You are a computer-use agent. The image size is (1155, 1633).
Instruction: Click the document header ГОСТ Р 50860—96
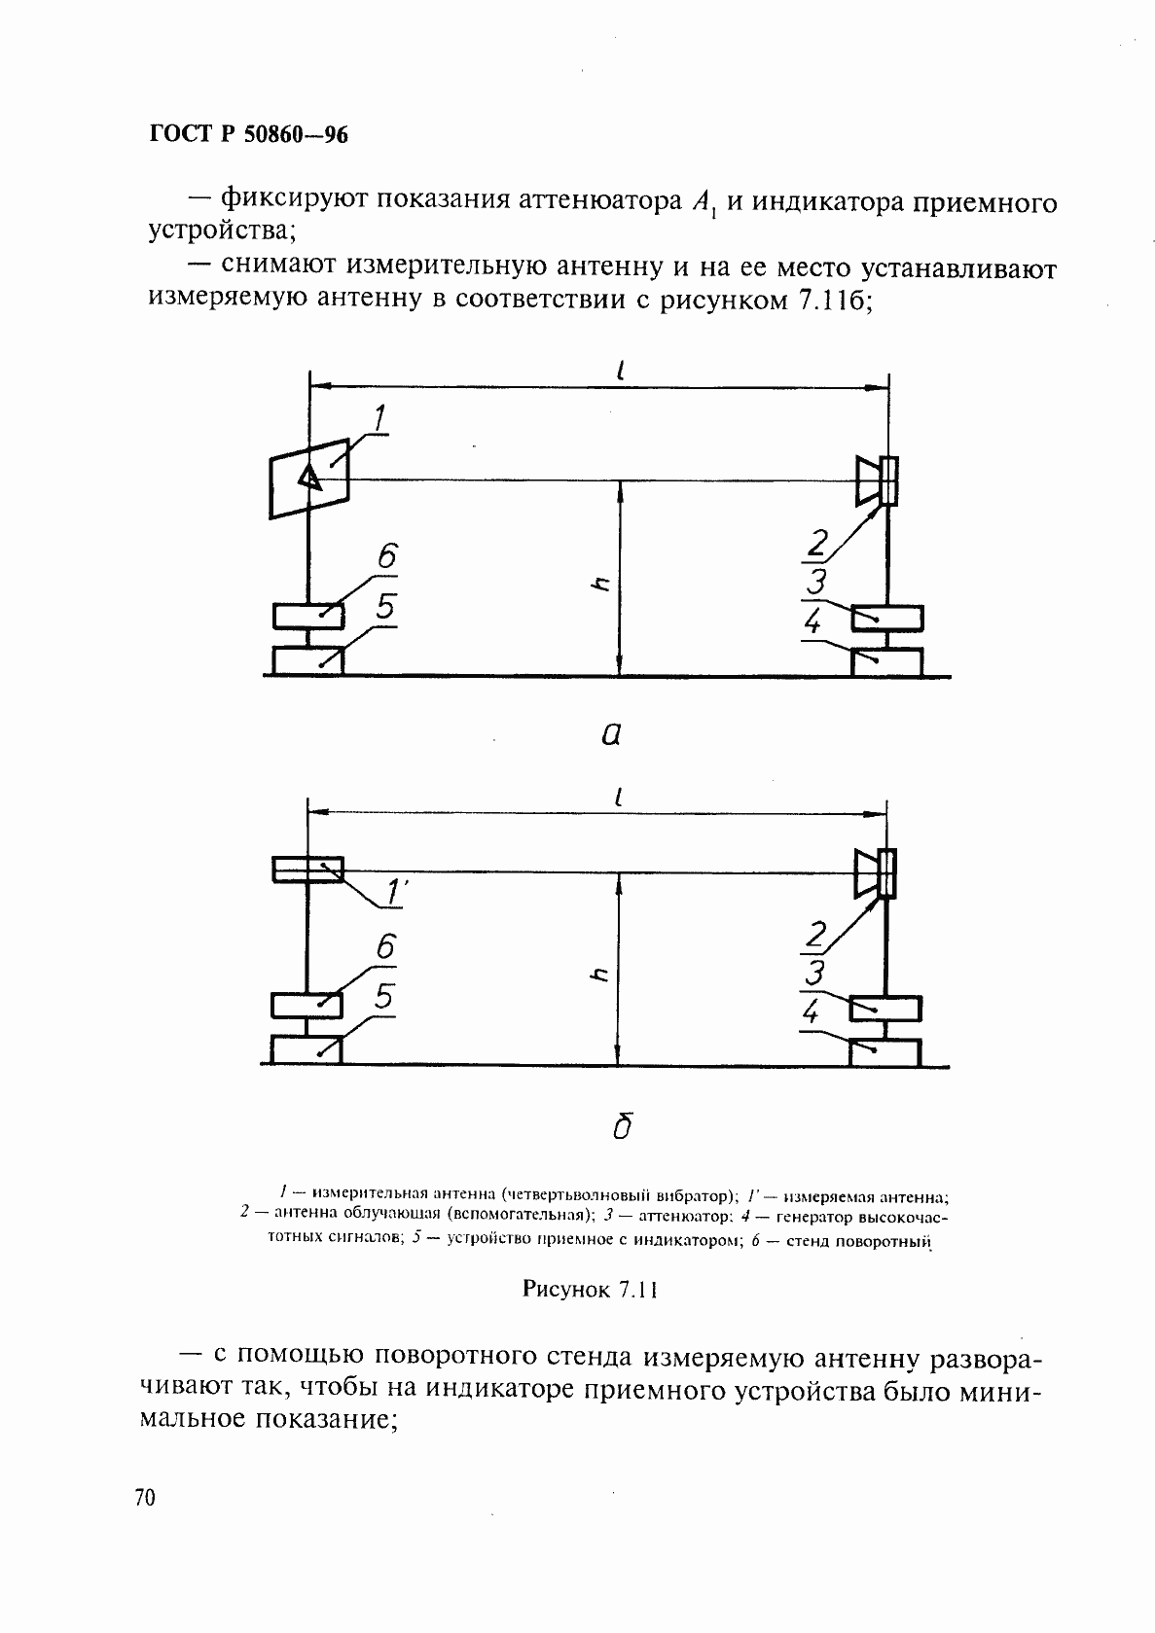pyautogui.click(x=249, y=135)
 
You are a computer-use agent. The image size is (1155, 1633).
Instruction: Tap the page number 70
pyautogui.click(x=145, y=1498)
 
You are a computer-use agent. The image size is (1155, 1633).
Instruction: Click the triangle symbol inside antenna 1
pyautogui.click(x=308, y=478)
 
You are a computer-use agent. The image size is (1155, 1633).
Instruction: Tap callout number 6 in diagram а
pyautogui.click(x=385, y=556)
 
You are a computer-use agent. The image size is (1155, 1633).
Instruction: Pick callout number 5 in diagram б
pyautogui.click(x=384, y=996)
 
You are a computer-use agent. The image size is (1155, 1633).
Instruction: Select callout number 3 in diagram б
pyautogui.click(x=816, y=973)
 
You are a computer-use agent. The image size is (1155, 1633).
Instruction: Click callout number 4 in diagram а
pyautogui.click(x=813, y=622)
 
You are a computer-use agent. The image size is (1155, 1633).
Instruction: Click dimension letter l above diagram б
pyautogui.click(x=619, y=797)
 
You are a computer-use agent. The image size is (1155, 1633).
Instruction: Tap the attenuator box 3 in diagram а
pyautogui.click(x=886, y=618)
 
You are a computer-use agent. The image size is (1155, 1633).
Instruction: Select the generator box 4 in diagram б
pyautogui.click(x=884, y=1052)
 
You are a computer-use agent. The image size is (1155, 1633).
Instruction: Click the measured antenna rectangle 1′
pyautogui.click(x=307, y=869)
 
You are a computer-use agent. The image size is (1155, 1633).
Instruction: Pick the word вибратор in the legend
pyautogui.click(x=689, y=1192)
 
